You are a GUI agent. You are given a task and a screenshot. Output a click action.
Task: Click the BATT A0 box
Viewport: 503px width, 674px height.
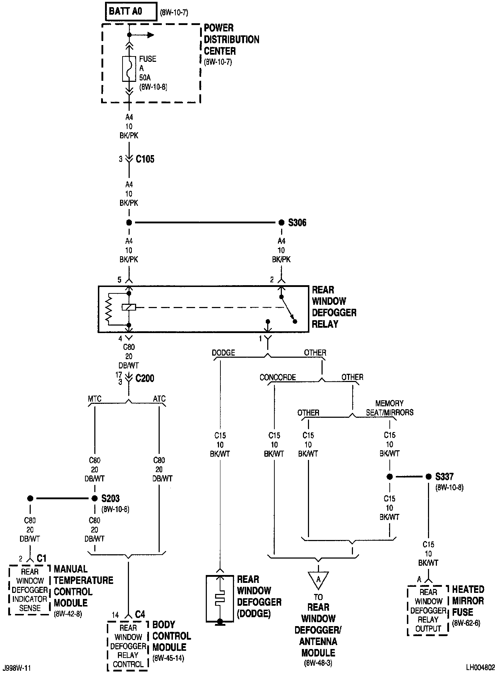131,12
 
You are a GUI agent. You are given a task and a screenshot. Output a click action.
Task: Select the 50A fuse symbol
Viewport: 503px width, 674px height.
129,69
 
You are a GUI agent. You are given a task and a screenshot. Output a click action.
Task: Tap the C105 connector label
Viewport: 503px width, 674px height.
145,159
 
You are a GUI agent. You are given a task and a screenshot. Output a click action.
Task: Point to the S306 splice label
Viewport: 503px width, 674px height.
297,223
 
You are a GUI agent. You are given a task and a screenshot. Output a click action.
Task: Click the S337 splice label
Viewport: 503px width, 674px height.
444,476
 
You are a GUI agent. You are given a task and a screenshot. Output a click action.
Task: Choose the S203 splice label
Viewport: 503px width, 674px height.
110,498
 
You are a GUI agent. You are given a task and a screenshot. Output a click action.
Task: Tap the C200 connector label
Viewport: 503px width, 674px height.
145,378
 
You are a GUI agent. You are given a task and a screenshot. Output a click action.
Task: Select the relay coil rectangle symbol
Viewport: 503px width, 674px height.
129,307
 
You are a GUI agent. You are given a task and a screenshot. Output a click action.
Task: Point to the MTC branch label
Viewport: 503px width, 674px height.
94,398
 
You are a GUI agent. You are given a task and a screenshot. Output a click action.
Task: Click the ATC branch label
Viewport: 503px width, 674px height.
159,398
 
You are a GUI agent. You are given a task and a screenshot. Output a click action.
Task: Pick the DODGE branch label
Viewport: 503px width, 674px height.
223,353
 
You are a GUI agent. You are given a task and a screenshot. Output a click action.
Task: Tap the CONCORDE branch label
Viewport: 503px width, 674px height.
278,377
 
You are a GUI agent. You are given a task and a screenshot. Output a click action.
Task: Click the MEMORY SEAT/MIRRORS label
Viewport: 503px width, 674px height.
389,408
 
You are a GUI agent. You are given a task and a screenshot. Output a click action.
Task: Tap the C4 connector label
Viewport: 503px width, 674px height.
140,614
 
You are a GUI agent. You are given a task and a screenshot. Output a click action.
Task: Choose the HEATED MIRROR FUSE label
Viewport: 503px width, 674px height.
468,600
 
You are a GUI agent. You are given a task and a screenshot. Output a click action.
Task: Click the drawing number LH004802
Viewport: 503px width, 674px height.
480,667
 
